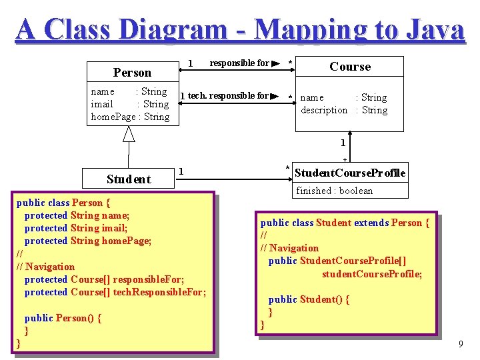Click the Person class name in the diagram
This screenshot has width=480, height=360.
(x=132, y=72)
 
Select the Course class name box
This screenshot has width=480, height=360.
(x=350, y=67)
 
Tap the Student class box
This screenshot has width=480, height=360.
(x=129, y=179)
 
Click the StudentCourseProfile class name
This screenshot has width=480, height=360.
(x=349, y=173)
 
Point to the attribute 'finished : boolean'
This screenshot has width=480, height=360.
(x=334, y=191)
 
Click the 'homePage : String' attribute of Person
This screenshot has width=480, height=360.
(x=130, y=117)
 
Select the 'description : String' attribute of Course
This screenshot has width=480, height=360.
(x=343, y=110)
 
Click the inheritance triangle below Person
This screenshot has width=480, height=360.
(x=129, y=134)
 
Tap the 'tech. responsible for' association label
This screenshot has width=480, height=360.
(x=228, y=96)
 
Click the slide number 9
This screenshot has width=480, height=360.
(x=460, y=344)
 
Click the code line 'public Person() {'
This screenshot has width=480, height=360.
(x=63, y=318)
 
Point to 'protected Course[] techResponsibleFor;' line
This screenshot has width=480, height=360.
(x=115, y=292)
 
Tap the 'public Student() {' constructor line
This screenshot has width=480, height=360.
(x=309, y=299)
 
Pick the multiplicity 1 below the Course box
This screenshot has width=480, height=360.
(x=343, y=143)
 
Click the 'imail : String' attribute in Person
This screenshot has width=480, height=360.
(x=130, y=104)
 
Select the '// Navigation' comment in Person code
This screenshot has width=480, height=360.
(x=45, y=267)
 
